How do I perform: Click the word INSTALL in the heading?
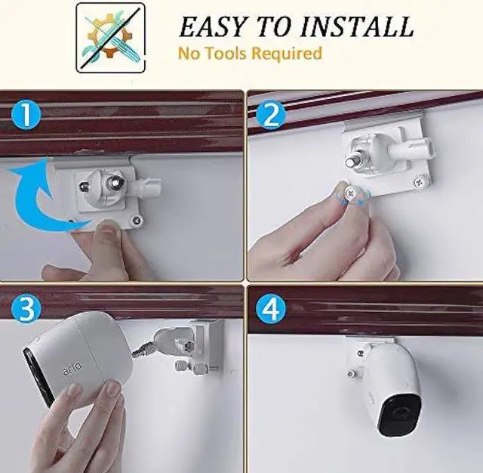357,26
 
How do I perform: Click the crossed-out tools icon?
110,37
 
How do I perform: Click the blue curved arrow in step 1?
38,193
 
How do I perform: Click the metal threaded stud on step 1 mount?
116,183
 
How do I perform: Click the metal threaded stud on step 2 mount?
352,161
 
